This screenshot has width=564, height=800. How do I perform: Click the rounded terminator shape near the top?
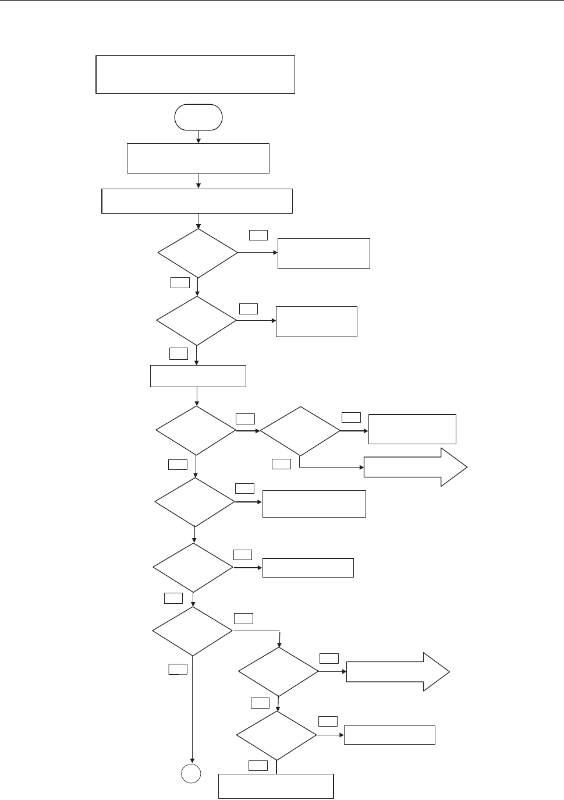pyautogui.click(x=198, y=117)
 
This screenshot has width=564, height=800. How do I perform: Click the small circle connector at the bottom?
pyautogui.click(x=192, y=774)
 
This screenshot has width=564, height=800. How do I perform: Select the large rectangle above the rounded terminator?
pyautogui.click(x=195, y=75)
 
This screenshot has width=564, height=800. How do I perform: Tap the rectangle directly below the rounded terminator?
pyautogui.click(x=198, y=158)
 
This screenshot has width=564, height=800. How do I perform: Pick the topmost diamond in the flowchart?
pyautogui.click(x=198, y=253)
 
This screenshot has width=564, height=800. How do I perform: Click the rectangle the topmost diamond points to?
pyautogui.click(x=324, y=253)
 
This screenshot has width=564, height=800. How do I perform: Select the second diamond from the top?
pyautogui.click(x=197, y=321)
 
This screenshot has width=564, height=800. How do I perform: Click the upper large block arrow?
pyautogui.click(x=414, y=467)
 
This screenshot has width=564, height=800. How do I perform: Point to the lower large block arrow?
pyautogui.click(x=398, y=672)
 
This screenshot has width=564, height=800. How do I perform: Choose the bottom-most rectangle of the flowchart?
pyautogui.click(x=276, y=786)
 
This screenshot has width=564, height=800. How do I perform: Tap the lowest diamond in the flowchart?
pyautogui.click(x=276, y=735)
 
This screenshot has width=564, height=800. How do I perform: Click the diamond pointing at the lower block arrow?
pyautogui.click(x=278, y=672)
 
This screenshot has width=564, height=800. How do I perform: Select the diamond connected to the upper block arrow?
pyautogui.click(x=300, y=431)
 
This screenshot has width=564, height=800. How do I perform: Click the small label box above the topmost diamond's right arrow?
pyautogui.click(x=258, y=235)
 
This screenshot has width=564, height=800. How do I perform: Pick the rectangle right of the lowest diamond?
pyautogui.click(x=389, y=735)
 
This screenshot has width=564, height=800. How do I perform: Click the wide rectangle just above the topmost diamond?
pyautogui.click(x=197, y=201)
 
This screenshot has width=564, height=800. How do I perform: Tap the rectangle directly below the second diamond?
pyautogui.click(x=198, y=376)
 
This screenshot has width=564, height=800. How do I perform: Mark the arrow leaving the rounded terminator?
pyautogui.click(x=198, y=136)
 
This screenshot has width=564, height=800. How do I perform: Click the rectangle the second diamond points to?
pyautogui.click(x=316, y=321)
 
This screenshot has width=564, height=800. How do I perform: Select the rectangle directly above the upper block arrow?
pyautogui.click(x=412, y=429)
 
